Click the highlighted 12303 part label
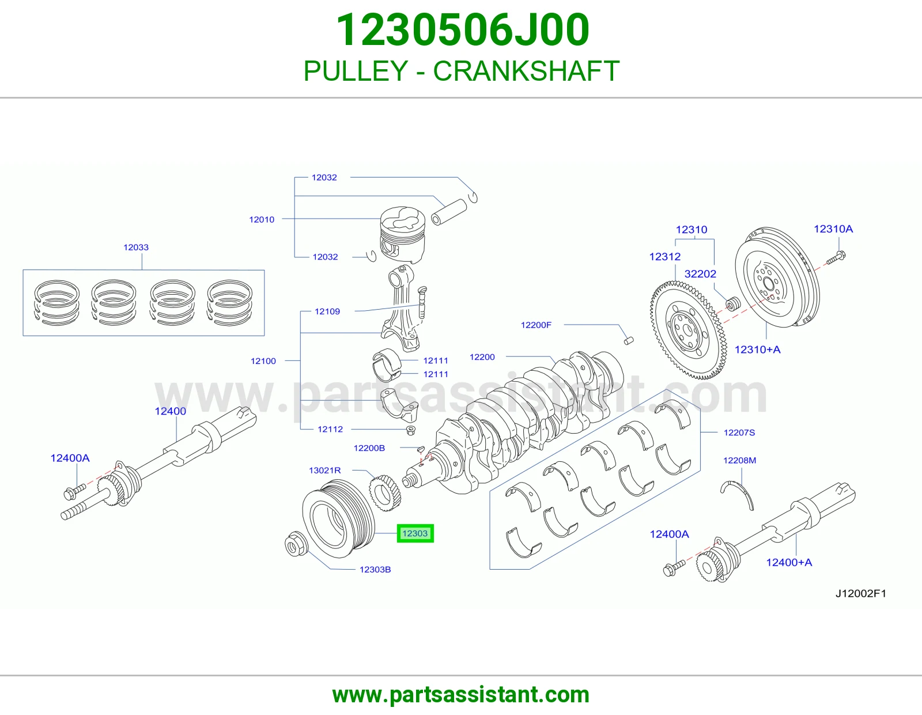(415, 533)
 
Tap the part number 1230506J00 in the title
(463, 30)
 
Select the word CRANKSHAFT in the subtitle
(526, 71)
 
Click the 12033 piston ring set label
(136, 247)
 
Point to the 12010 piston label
(262, 220)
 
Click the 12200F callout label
(536, 325)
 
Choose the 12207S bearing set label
(739, 432)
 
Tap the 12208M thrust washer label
(739, 460)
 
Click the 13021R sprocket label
(324, 470)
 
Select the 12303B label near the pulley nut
(375, 569)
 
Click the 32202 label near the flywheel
(700, 274)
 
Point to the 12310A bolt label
(833, 229)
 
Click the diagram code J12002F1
(861, 593)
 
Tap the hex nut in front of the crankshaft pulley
(294, 544)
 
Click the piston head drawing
(402, 235)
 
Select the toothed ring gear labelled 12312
(688, 330)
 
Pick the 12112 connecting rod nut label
(330, 429)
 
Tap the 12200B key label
(369, 448)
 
